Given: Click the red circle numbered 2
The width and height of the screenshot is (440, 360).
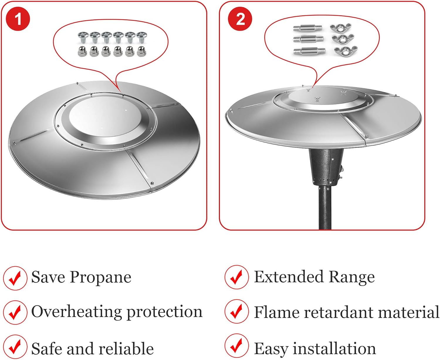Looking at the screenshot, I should click(x=240, y=19).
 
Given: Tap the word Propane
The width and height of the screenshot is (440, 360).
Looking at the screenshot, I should click(x=100, y=277).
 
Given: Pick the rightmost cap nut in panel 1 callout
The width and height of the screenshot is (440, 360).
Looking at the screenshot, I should click(x=141, y=51).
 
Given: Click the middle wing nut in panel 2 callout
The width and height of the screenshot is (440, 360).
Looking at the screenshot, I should click(x=343, y=39).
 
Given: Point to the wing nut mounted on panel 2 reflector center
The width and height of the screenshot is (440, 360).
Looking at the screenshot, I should click(x=317, y=99).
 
